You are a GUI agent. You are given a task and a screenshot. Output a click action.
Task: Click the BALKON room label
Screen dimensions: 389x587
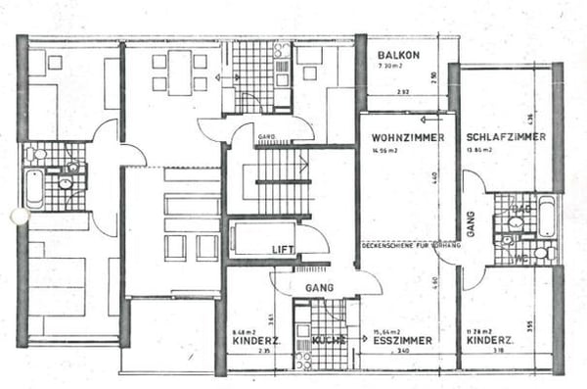click(x=399, y=55)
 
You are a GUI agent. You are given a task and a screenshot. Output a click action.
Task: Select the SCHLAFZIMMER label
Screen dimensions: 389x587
click(x=506, y=137)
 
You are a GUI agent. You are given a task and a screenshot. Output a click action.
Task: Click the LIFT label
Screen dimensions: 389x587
click(x=283, y=250)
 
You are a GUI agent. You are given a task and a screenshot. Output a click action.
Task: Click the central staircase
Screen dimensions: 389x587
click(x=284, y=181)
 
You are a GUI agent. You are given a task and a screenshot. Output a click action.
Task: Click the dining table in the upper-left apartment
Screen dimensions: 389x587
click(x=179, y=73)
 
